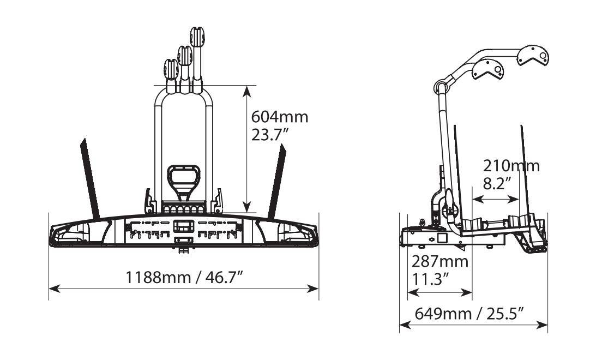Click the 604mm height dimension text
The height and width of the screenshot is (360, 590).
point(280,117)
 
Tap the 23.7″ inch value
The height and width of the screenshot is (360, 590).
point(270,134)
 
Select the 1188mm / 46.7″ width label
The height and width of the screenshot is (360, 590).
point(184,278)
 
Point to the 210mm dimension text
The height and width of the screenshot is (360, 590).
point(511,166)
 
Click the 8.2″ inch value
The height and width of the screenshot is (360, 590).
point(497,184)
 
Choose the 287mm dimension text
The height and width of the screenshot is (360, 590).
point(440,261)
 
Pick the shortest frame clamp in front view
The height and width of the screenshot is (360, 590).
point(171,75)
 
